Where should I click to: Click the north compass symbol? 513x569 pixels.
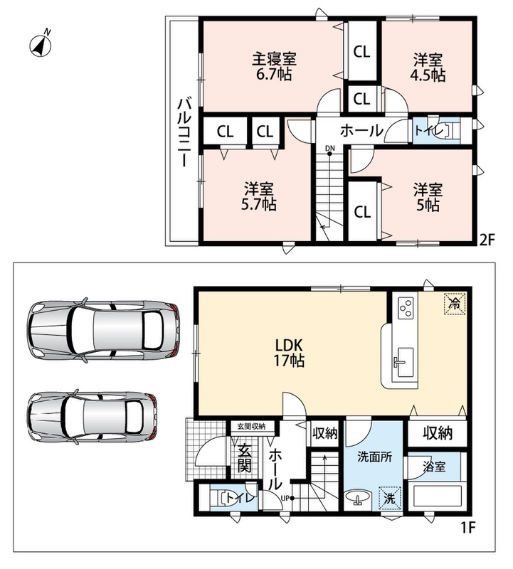[x=41, y=44]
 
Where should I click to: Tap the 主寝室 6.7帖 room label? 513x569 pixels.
[x=274, y=66]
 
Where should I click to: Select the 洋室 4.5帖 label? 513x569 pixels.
[x=428, y=68]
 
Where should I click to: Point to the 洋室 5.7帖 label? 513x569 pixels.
[x=259, y=196]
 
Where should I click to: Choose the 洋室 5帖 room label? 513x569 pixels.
[x=428, y=198]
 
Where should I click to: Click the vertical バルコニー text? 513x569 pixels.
[x=184, y=132]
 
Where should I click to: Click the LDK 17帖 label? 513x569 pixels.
[x=289, y=352]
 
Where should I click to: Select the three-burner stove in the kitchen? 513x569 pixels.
[x=406, y=308]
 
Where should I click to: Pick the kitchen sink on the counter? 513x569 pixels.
[x=403, y=362]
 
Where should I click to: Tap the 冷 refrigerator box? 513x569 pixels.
[x=454, y=304]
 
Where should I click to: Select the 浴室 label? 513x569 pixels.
[x=434, y=467]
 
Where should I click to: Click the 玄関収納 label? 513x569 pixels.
[x=251, y=426]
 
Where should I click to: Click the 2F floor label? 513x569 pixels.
[x=487, y=240]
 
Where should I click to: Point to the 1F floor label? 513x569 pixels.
[x=468, y=528]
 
